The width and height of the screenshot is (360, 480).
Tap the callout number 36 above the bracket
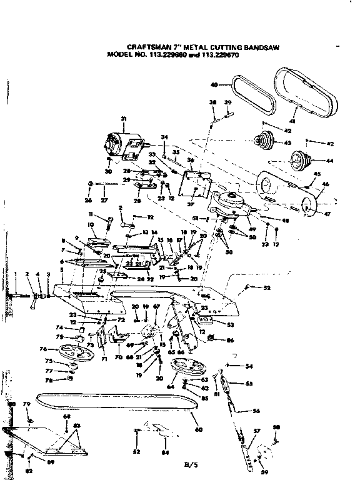[x=191, y=161]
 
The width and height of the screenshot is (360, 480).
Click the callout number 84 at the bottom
[x=165, y=452]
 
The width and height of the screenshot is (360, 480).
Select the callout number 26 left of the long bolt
[x=89, y=200]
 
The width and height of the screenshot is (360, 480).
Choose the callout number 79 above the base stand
[x=27, y=405]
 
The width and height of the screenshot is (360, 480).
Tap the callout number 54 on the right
[x=249, y=366]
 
